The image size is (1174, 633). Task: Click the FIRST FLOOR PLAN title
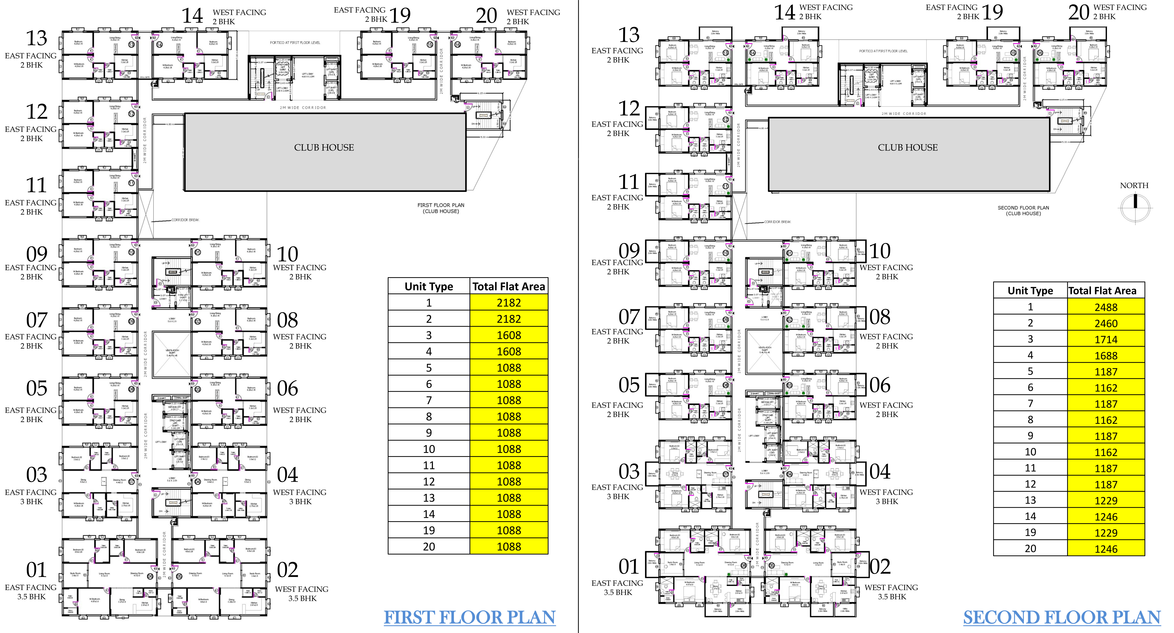[x=469, y=618]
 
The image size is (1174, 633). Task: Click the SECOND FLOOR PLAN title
[x=1061, y=618]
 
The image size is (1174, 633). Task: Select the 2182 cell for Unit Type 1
[x=509, y=303]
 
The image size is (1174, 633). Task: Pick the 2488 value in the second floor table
[x=1106, y=307]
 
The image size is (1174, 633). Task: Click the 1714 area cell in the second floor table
[x=1106, y=340]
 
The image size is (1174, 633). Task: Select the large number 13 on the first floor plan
[x=37, y=38]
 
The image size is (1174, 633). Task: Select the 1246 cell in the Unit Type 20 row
[x=1106, y=549]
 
